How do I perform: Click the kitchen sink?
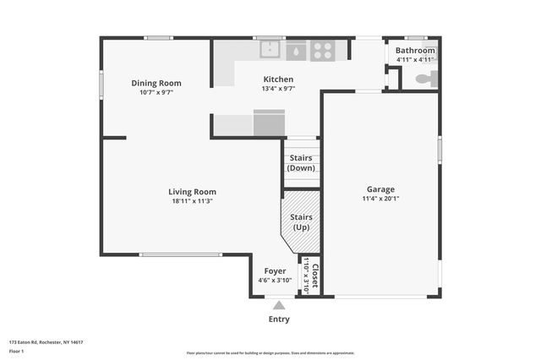click(270, 51)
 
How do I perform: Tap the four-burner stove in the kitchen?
click(321, 51)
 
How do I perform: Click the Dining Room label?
click(156, 83)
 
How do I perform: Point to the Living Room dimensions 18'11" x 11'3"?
click(192, 201)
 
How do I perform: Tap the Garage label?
click(380, 189)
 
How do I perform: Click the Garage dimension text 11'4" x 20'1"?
click(380, 199)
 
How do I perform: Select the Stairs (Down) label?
click(301, 163)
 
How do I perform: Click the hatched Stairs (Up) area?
click(300, 222)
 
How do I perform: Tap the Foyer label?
click(274, 271)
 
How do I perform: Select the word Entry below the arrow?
click(279, 319)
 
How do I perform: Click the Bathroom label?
click(415, 51)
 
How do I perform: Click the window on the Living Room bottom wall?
click(181, 254)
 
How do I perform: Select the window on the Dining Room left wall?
click(101, 84)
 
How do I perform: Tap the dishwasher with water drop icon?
click(296, 52)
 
